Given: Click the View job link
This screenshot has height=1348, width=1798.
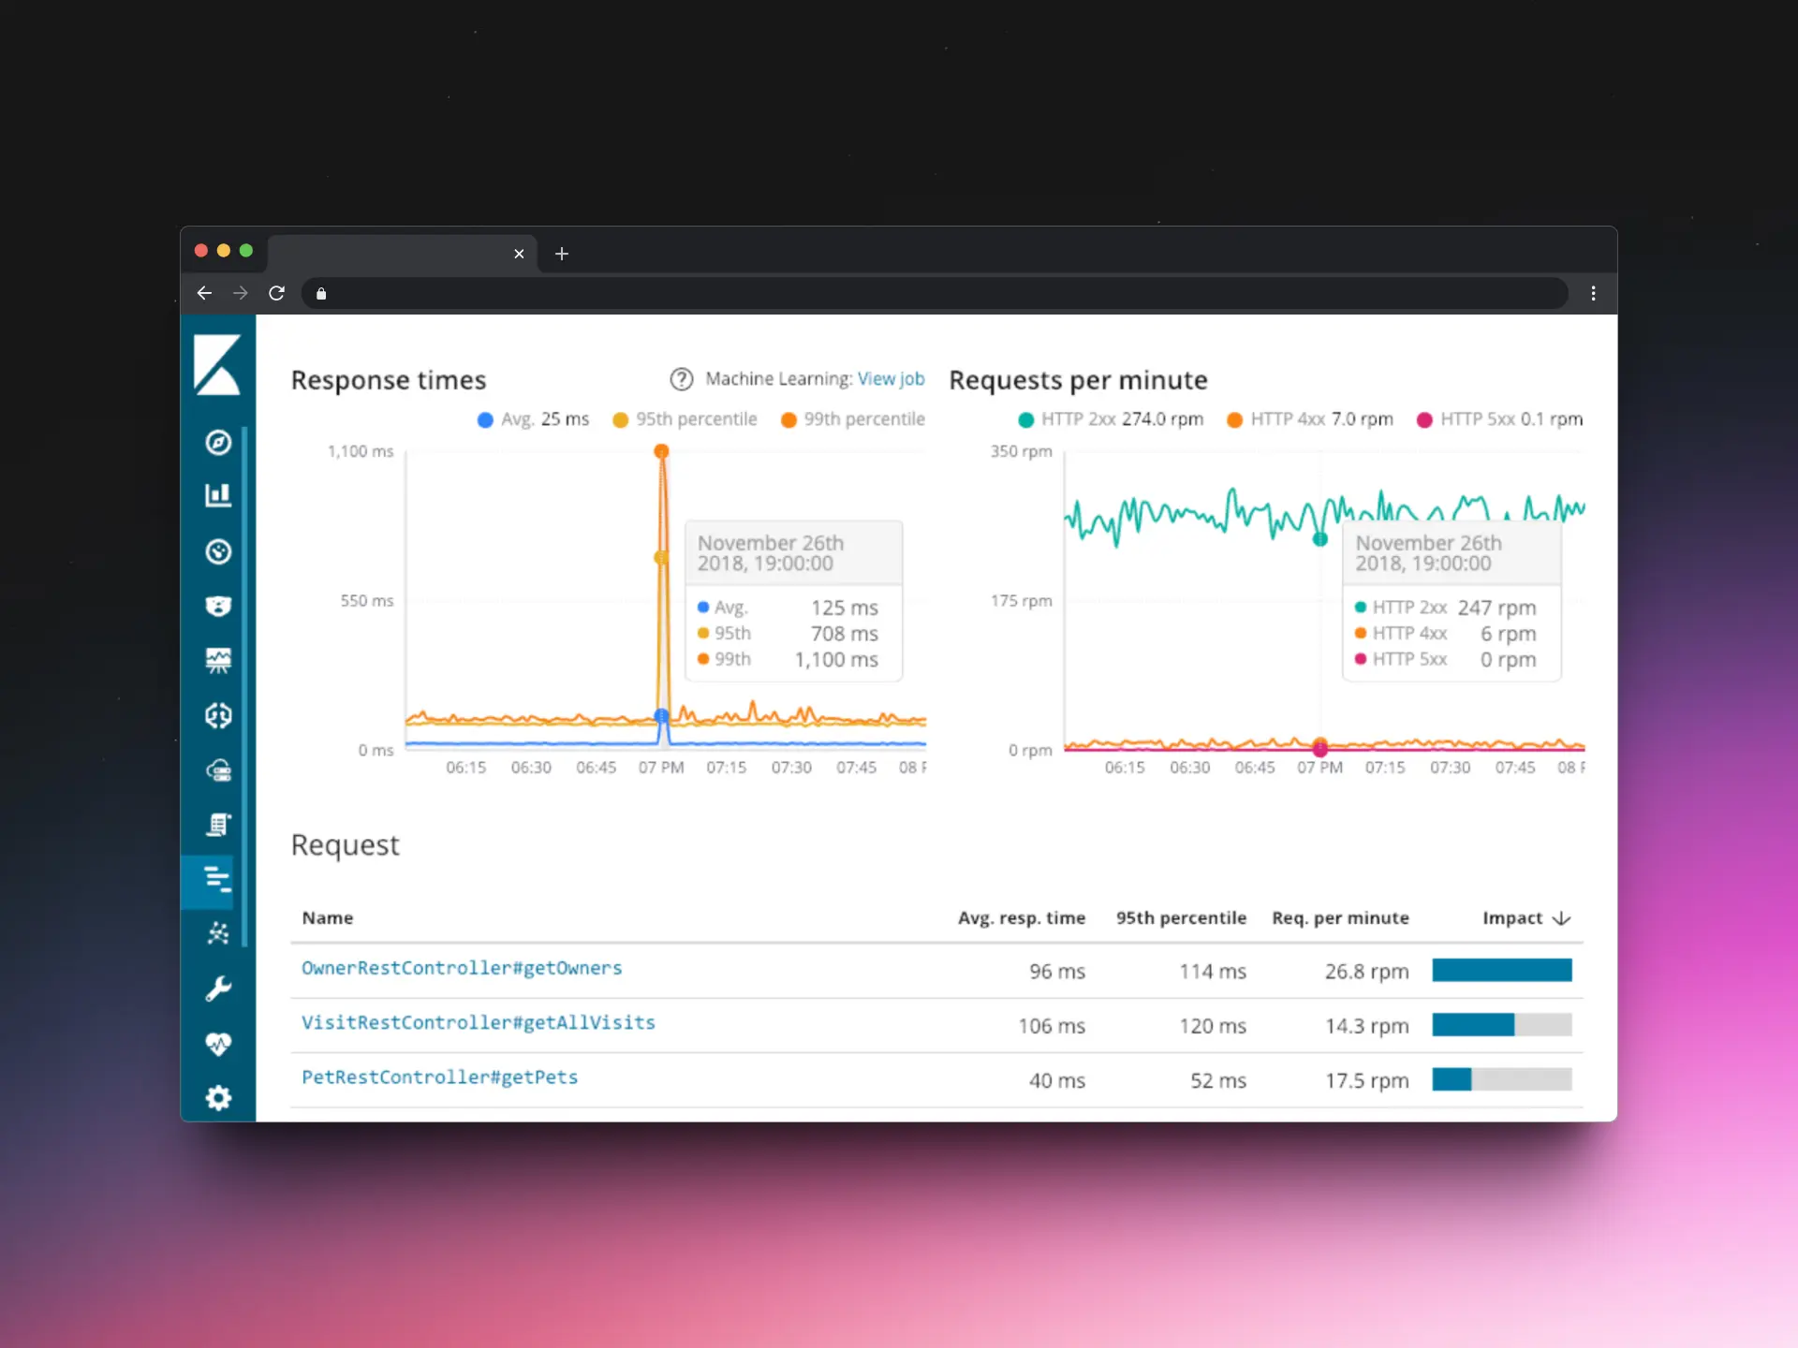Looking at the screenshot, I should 891,379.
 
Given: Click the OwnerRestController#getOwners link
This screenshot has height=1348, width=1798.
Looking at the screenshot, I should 462,968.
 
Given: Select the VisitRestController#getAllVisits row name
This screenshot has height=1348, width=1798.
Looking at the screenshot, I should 478,1022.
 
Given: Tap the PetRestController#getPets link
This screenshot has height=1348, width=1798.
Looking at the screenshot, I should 439,1077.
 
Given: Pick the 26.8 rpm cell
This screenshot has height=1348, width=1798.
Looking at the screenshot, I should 1366,972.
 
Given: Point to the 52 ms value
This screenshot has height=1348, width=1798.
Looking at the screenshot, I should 1217,1080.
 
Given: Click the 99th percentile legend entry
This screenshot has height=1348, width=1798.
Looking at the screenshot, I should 852,419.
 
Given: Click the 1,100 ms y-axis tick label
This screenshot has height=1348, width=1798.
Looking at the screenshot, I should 361,451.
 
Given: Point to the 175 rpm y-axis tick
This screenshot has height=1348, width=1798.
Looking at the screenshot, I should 1021,601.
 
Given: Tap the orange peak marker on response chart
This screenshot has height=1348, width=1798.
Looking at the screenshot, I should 661,452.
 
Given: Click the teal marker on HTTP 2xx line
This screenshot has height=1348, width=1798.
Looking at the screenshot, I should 1319,539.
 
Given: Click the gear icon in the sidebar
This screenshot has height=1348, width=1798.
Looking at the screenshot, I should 218,1097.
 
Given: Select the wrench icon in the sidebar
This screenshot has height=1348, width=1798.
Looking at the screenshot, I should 218,989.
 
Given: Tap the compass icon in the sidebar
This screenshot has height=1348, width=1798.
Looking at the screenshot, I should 218,442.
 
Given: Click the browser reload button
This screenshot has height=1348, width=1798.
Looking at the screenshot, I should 276,293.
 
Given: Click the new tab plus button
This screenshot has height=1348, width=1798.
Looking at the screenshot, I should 562,254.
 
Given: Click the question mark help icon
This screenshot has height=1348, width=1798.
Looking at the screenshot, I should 681,379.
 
